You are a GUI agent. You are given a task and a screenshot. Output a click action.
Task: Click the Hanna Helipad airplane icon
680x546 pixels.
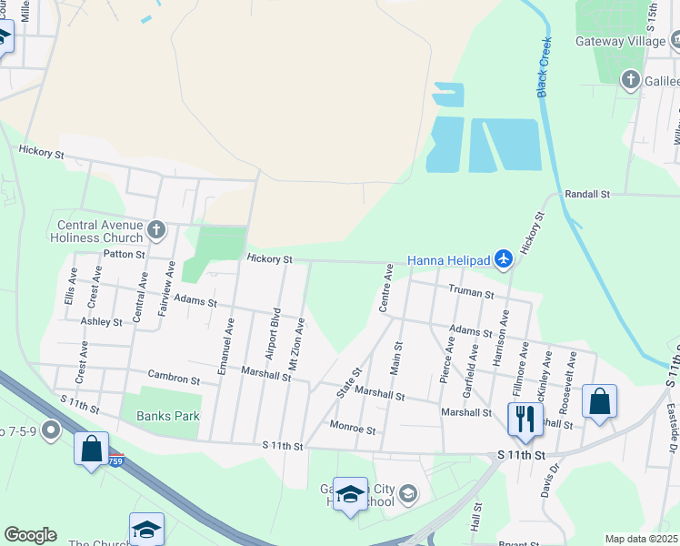[505, 260]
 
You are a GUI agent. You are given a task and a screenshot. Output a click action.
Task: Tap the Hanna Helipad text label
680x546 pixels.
[449, 261]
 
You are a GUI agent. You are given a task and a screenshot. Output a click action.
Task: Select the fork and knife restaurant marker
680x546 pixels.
[522, 418]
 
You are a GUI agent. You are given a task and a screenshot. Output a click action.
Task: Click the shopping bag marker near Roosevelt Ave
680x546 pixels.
[599, 400]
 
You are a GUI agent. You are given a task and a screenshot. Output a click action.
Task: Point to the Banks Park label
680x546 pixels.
[167, 416]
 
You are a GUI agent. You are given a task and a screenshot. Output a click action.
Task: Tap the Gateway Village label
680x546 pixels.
[621, 42]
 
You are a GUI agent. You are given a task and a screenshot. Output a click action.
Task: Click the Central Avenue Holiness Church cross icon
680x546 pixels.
[156, 229]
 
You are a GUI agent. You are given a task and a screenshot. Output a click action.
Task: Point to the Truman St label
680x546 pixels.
[471, 293]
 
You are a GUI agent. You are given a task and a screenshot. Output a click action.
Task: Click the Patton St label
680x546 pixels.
[125, 255]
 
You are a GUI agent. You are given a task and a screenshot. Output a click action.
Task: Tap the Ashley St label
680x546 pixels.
[101, 322]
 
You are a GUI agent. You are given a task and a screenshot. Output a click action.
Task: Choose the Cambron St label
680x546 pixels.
[175, 378]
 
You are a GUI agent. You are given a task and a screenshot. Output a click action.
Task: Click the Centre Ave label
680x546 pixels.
[386, 287]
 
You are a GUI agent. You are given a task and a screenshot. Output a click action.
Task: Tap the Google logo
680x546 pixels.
[30, 535]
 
